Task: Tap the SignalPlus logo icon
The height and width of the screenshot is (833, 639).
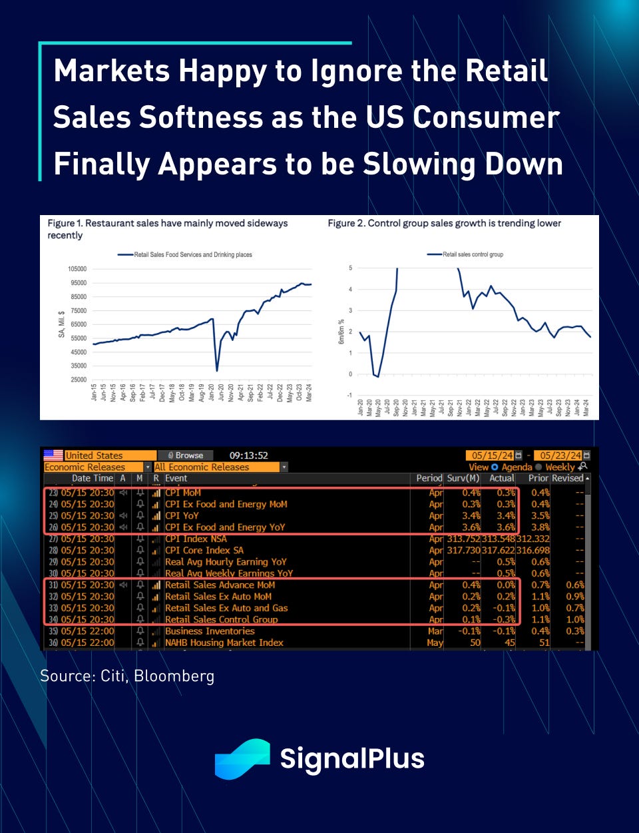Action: pos(242,758)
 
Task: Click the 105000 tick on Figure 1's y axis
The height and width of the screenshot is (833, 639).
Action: pos(77,269)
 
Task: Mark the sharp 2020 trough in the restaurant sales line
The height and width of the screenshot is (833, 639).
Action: pos(217,370)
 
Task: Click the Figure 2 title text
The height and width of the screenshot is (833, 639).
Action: pos(444,223)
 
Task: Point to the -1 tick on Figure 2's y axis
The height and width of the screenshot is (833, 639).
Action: pos(349,396)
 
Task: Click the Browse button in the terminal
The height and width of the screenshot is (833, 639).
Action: pos(186,455)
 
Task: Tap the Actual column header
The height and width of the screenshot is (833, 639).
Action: pos(501,478)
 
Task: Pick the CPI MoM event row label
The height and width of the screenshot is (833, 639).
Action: pos(183,493)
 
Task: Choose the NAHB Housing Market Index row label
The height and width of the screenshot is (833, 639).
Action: pos(224,643)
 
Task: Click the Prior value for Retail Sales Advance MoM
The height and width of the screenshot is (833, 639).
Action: pos(540,585)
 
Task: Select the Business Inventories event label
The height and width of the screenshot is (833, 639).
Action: pos(210,631)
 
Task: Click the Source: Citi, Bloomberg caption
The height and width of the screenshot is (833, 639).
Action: pos(127,676)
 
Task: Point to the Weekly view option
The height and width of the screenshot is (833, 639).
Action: pos(560,467)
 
